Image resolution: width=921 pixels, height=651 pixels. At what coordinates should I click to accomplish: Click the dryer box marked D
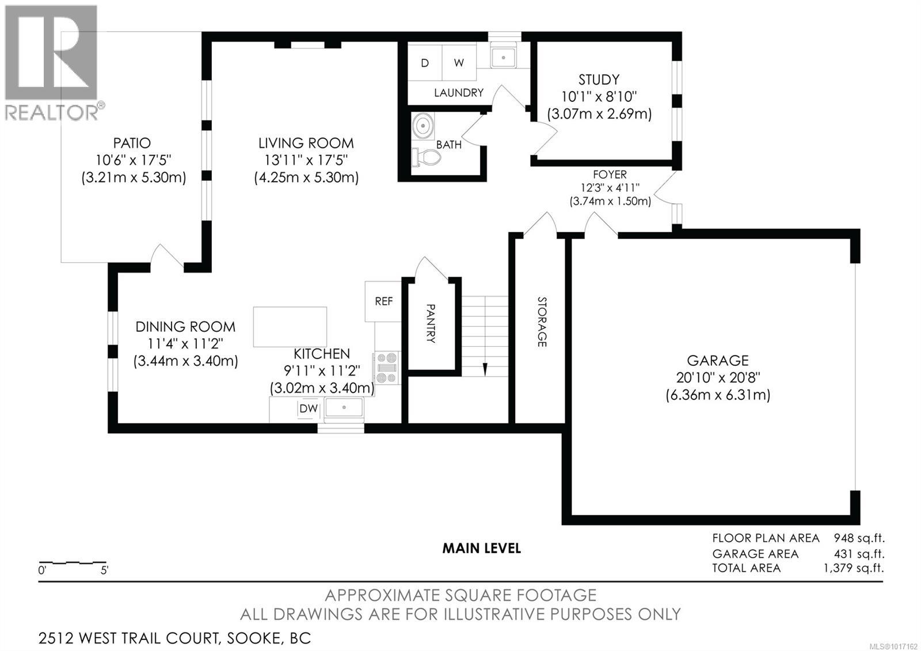pos(425,63)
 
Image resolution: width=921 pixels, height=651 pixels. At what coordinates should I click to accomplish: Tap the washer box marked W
pos(459,63)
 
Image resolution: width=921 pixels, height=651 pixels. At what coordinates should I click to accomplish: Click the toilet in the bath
pos(427,156)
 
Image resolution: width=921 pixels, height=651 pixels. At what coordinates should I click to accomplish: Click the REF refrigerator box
pos(383,301)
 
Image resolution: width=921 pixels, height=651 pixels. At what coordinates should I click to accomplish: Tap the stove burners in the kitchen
pos(387,368)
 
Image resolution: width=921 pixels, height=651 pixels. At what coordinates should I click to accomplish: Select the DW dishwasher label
pos(309,408)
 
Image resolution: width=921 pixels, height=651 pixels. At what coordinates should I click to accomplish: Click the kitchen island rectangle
pos(290,327)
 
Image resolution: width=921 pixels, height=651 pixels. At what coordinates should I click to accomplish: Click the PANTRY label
pos(431,324)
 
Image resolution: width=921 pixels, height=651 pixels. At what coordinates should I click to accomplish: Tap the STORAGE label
pos(541,322)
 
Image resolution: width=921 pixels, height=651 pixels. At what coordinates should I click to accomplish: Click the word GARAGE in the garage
pos(717,361)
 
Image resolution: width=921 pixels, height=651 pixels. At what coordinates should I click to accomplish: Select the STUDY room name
pos(599,80)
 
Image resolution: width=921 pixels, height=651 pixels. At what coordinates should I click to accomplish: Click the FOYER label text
pos(610,175)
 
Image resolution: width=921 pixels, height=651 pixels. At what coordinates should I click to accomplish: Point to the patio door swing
pos(167,256)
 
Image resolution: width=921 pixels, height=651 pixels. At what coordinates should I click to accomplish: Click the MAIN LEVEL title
pos(481,548)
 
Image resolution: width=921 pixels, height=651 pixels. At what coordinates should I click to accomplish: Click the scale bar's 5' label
pos(104,571)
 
